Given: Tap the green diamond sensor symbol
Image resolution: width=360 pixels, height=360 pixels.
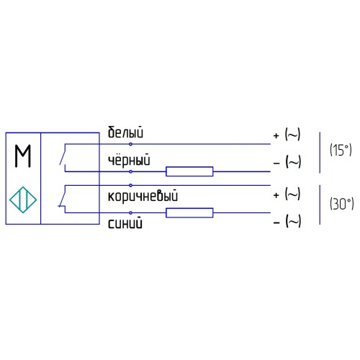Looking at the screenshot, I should click(x=23, y=198).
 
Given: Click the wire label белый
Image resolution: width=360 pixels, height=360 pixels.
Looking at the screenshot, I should click(x=126, y=133).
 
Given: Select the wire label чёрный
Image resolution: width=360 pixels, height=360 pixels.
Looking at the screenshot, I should click(x=129, y=162).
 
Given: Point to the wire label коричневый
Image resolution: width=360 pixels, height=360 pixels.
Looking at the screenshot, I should click(x=143, y=195).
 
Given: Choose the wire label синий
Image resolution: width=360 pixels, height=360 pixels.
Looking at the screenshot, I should click(x=125, y=223).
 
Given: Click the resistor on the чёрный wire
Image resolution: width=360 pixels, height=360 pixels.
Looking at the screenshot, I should click(x=189, y=171).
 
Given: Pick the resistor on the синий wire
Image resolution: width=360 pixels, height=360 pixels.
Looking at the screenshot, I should click(x=189, y=212).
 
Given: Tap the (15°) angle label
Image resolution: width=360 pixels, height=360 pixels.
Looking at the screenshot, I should click(x=340, y=150).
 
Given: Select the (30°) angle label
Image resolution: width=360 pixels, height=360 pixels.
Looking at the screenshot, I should click(x=340, y=204).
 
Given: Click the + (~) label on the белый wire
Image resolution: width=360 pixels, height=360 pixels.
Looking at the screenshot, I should click(x=287, y=135).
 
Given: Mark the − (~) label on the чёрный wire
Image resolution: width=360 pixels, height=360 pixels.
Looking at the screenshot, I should click(x=287, y=163).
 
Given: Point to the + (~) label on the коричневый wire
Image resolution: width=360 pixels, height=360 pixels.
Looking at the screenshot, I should click(x=287, y=194).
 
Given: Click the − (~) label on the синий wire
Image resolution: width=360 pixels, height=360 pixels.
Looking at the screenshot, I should click(x=287, y=222).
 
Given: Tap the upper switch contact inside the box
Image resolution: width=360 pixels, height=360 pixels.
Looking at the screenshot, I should click(x=66, y=157).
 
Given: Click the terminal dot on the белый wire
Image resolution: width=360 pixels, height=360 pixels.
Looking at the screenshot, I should click(x=130, y=144).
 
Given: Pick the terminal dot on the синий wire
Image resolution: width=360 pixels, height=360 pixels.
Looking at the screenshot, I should click(x=130, y=212).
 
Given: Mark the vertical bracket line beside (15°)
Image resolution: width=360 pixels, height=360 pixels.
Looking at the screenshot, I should click(x=320, y=152).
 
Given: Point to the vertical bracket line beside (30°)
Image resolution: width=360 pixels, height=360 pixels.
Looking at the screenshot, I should click(x=320, y=204).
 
